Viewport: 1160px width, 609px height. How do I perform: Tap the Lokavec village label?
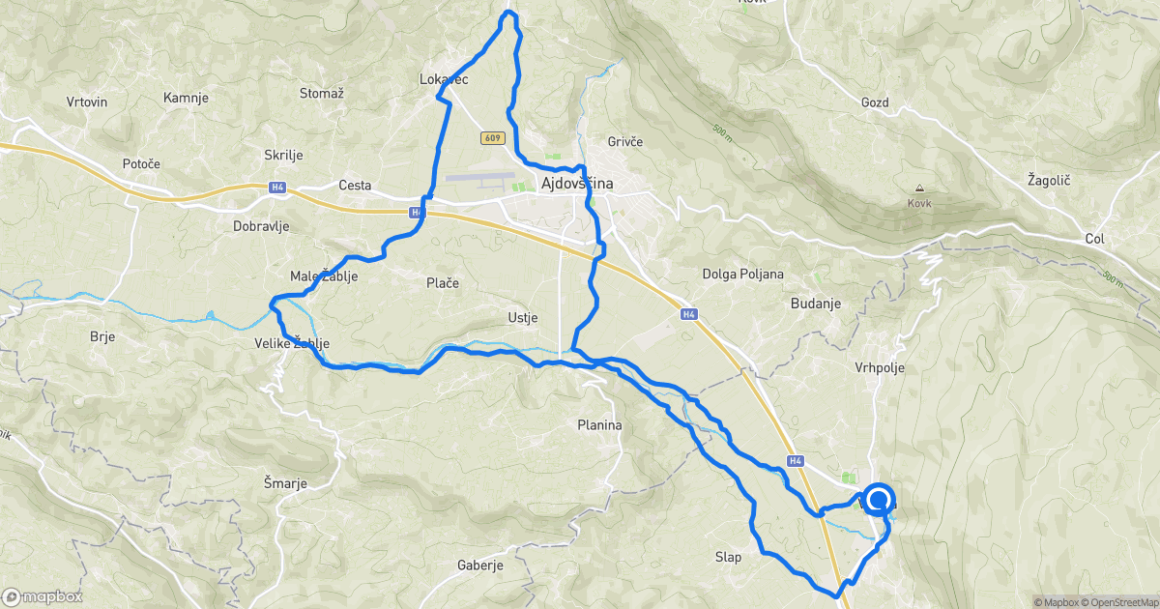445,79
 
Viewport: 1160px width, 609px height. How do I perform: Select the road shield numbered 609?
492,138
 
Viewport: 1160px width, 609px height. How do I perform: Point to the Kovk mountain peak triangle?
918,188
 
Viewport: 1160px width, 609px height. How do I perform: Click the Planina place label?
599,424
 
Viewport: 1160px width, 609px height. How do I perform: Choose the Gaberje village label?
480,565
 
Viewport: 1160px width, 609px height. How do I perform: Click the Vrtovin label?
87,101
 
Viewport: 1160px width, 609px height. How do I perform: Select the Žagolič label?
1049,181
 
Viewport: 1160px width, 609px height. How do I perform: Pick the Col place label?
1094,238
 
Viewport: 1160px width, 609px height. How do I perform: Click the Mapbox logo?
43,596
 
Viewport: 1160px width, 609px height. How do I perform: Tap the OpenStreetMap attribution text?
1124,602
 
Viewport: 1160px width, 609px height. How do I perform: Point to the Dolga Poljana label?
743,274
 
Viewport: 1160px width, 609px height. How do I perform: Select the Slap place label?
728,557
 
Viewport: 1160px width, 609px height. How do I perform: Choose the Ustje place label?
522,317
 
